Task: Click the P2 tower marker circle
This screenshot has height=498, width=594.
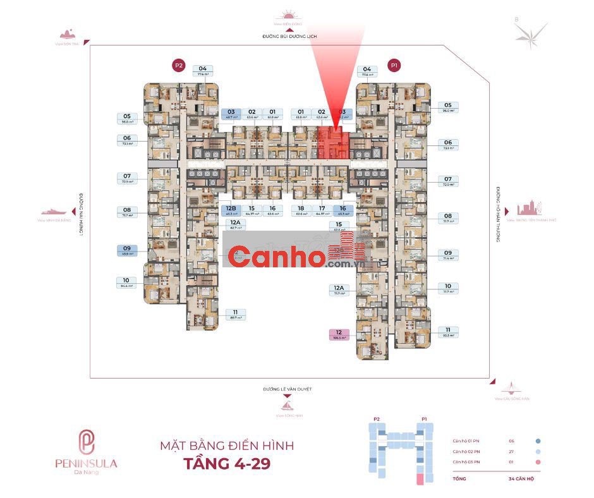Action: point(178,64)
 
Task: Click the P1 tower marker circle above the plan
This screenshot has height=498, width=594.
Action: point(395,64)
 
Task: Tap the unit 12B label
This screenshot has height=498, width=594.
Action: point(231,210)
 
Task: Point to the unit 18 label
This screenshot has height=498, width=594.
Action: point(301,210)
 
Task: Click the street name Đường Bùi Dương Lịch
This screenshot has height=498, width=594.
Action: point(289,37)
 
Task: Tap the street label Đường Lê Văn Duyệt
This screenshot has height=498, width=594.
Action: point(288,389)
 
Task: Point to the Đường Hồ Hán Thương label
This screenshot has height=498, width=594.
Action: point(498,215)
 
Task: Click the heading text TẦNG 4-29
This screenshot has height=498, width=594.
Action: point(227,465)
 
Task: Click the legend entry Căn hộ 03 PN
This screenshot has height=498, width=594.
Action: point(466,463)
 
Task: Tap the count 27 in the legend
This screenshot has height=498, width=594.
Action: point(512,452)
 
